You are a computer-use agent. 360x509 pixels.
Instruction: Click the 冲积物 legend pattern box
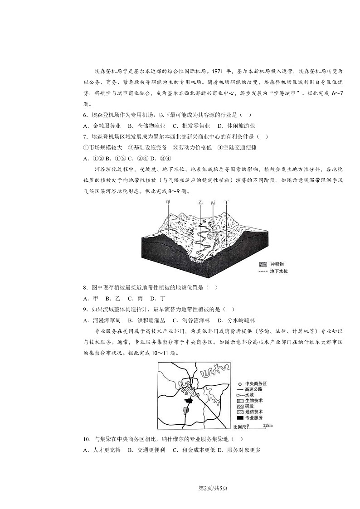point(262,264)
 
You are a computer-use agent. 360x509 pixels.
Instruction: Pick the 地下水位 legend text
point(279,271)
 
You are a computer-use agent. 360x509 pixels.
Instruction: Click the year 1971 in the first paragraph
point(220,71)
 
